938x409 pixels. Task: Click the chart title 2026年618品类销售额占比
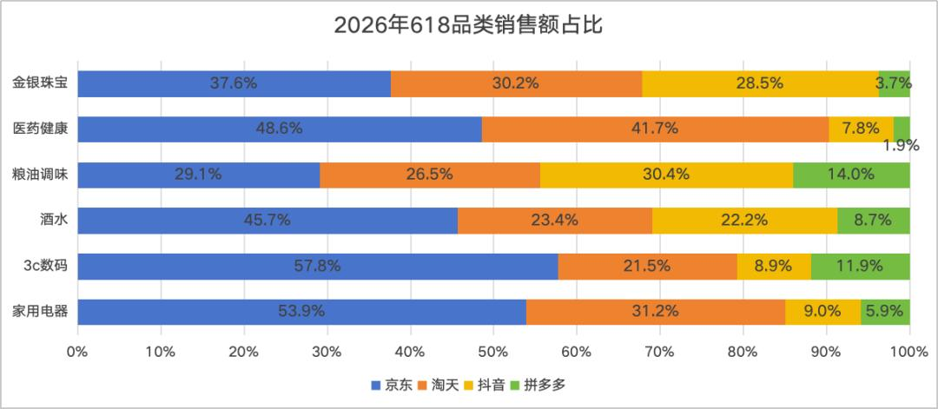coord(468,27)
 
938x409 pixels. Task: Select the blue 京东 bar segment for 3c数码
coord(318,266)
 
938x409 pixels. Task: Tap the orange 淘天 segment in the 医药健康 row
coord(656,129)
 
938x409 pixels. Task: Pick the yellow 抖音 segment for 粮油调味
coord(666,175)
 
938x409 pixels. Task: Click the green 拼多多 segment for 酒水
coord(874,221)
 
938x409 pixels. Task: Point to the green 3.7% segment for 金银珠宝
coord(895,83)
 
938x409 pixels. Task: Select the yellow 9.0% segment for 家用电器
coord(823,312)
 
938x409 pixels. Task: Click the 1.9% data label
coord(902,145)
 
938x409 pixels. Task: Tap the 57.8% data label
coord(318,266)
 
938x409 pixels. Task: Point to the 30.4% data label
coord(666,175)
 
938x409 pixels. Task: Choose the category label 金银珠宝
coord(40,83)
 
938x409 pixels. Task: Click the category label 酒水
coord(54,221)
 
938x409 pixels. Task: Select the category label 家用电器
coord(40,312)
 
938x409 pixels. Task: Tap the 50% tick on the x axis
coord(493,352)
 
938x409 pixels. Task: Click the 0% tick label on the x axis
coord(78,352)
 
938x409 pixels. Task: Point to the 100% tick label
coord(909,352)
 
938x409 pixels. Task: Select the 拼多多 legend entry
coord(538,386)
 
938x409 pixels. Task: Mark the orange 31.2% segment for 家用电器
coord(656,312)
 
